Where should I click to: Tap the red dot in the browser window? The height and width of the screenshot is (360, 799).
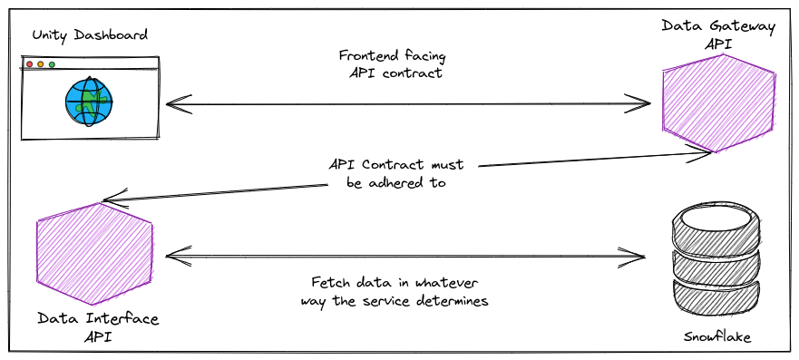click(29, 65)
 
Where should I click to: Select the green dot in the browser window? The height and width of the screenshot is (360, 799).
click(52, 65)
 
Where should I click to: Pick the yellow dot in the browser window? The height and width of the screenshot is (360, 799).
click(40, 65)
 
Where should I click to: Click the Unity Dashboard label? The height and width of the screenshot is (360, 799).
click(90, 35)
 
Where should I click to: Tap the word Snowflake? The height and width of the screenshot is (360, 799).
click(717, 337)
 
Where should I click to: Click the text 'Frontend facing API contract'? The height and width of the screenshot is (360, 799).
click(396, 63)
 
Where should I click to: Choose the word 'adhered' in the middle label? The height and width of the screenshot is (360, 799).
click(397, 182)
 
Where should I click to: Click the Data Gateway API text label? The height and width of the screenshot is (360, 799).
click(718, 34)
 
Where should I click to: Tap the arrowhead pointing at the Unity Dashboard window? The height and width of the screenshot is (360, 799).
click(173, 104)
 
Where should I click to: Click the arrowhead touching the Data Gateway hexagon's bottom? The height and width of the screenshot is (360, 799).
click(698, 155)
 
